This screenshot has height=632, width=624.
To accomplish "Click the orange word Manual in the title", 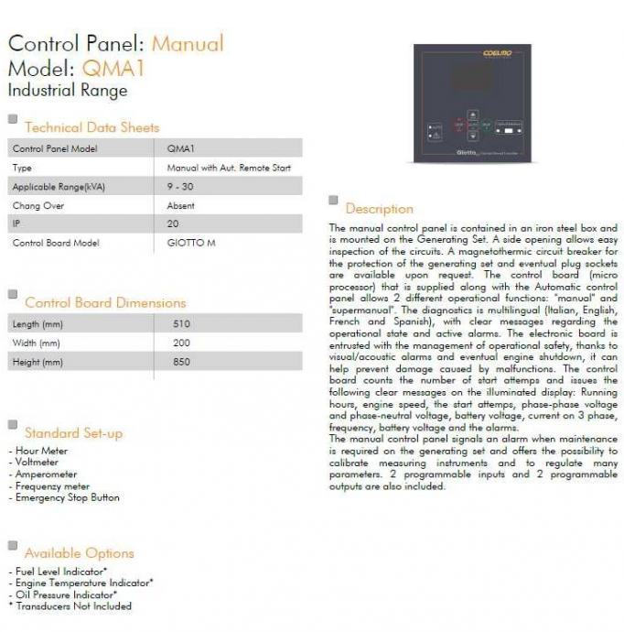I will point(187,43).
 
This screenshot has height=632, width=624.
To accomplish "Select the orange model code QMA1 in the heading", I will point(113,68).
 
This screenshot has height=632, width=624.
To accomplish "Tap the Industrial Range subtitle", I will point(68,90).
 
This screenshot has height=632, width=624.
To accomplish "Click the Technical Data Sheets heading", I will point(91,127).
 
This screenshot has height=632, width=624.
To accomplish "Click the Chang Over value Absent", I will point(181,205).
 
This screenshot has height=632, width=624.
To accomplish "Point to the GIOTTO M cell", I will point(191,243).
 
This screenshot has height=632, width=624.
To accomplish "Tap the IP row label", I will point(16,224).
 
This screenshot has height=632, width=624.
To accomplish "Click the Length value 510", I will point(181,324).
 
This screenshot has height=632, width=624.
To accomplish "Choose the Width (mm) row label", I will point(37,343).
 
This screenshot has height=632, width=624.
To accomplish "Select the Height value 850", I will point(181,363).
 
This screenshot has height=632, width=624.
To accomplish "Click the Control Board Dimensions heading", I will point(105,302).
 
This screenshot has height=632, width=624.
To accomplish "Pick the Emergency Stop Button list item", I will point(67,497).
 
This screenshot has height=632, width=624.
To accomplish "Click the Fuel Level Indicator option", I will point(60,572).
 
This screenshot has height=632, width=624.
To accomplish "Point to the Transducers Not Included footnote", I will point(73,605).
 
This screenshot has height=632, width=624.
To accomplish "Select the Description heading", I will point(379,209).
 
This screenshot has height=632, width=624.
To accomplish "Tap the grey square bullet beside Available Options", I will point(13,546).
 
